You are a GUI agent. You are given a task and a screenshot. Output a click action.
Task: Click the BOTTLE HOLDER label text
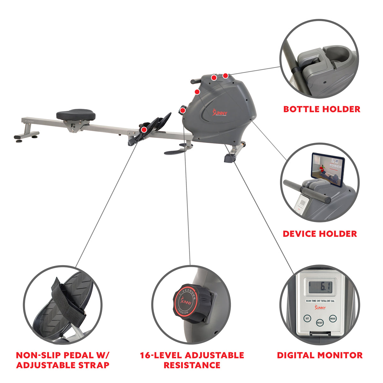pyautogui.click(x=322, y=109)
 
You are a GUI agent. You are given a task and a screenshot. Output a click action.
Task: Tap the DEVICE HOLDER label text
pyautogui.click(x=320, y=234)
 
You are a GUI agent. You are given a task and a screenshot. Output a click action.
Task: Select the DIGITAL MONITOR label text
pyautogui.click(x=320, y=355)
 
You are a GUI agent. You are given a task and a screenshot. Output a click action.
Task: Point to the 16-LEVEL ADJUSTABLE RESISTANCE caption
pyautogui.click(x=192, y=360)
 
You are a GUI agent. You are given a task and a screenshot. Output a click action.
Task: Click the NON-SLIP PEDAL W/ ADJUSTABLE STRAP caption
pyautogui.click(x=63, y=360)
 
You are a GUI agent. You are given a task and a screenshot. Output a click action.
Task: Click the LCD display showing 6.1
pyautogui.click(x=320, y=287)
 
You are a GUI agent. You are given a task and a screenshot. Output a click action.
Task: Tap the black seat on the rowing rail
pyautogui.click(x=76, y=114)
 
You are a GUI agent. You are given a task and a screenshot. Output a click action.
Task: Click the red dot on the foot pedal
pyautogui.click(x=144, y=130)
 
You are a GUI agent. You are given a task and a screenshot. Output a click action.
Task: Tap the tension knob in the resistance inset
pyautogui.click(x=188, y=300)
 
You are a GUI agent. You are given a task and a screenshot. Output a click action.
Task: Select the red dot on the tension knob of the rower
pyautogui.click(x=183, y=111)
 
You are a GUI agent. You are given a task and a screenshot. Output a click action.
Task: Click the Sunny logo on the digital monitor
pyautogui.click(x=320, y=308)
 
